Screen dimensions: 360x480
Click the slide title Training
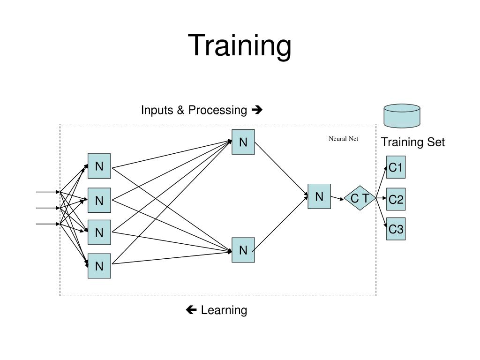coord(240,46)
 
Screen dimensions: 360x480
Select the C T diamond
coord(360,199)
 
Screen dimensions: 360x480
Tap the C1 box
coord(396,167)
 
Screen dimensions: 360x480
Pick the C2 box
coord(396,199)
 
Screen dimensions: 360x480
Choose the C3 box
coord(396,229)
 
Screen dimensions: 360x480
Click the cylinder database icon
coord(402,116)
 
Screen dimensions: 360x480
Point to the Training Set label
coord(412,142)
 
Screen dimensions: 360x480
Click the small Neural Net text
coord(343,139)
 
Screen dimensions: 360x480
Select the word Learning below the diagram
coord(224,310)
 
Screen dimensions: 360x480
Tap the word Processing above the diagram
coord(217,110)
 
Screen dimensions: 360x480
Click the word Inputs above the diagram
coord(157,110)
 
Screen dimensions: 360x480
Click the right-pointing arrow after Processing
coord(257,110)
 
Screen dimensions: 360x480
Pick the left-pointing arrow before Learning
coord(191,310)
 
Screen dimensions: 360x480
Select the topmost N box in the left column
coord(99,166)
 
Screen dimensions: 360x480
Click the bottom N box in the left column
coord(99,266)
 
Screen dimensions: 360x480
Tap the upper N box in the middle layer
coord(243,142)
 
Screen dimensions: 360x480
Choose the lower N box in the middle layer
coord(243,250)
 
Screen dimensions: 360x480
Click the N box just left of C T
coord(319,196)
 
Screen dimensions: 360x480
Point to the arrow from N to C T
coord(337,198)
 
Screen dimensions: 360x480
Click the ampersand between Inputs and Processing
coord(180,110)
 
